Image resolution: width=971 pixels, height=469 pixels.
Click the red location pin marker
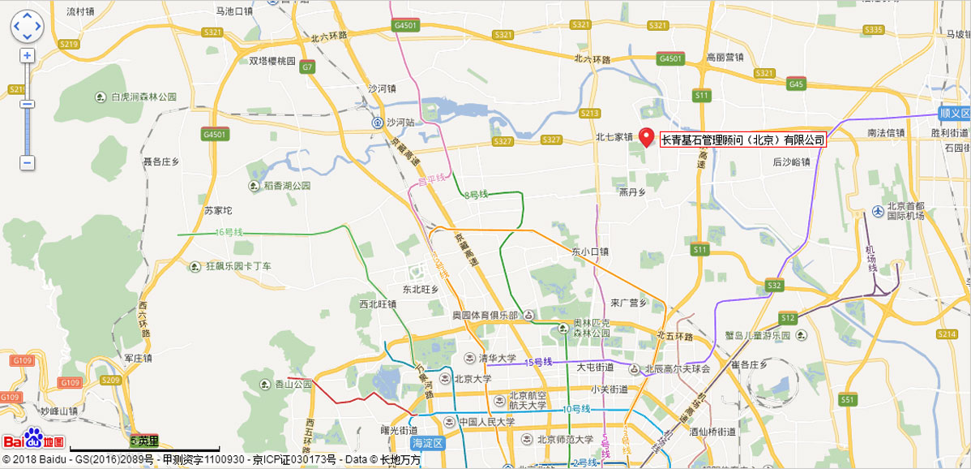646,137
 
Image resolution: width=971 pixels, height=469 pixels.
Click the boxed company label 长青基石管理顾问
742,140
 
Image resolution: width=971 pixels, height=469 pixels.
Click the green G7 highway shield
307,67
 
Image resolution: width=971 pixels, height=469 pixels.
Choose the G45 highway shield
796,84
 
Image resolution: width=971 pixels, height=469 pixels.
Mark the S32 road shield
774,286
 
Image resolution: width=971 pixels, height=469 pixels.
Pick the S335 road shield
873,30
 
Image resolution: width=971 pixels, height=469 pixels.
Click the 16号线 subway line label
229,233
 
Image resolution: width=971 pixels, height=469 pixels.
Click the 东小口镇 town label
589,252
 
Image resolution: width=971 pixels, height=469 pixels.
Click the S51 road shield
848,400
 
